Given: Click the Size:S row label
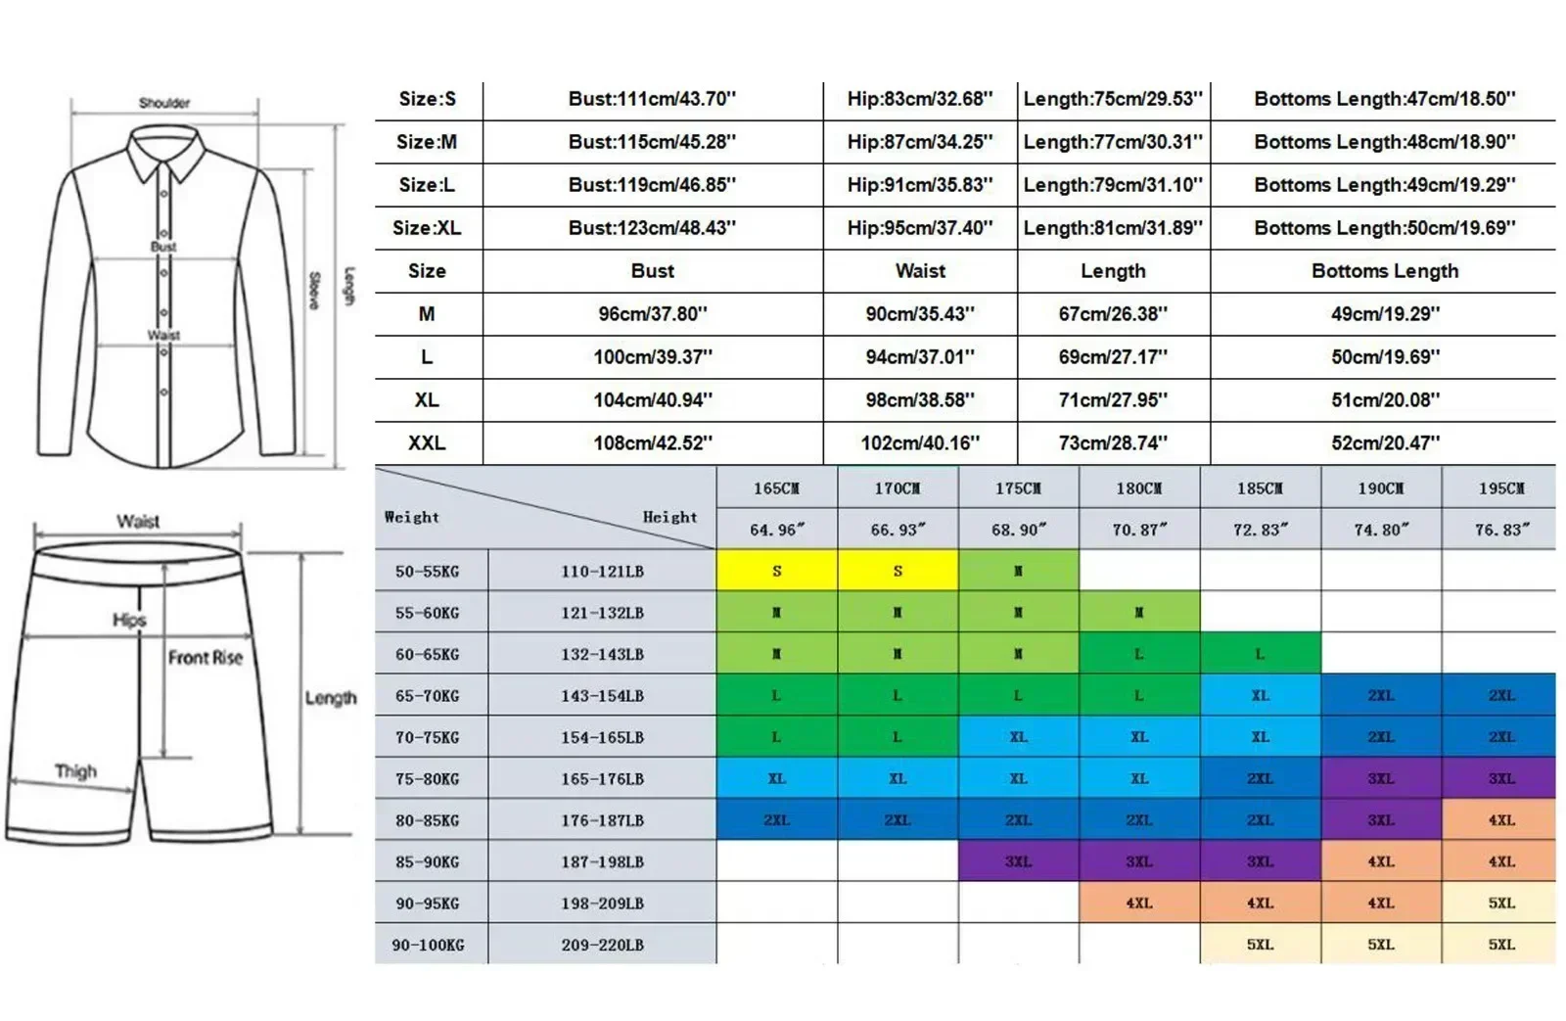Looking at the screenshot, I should pos(427,99).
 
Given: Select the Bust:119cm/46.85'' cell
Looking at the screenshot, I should pos(652,185).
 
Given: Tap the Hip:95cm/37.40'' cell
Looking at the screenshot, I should pos(919,228).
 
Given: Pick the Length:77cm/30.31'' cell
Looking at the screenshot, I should pos(1113,142).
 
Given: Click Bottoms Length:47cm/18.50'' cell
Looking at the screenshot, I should pos(1384,99).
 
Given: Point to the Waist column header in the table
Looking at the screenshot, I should pos(920,271).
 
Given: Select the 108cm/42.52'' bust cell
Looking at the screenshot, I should pos(652,442).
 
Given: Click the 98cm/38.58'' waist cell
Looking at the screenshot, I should pos(919,399).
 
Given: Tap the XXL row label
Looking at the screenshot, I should pos(427,442).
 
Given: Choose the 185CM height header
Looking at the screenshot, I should pos(1260,487).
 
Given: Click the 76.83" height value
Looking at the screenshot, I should pos(1501,530).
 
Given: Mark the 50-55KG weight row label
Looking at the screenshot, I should pos(427,571).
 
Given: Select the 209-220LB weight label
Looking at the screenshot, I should pos(602,945).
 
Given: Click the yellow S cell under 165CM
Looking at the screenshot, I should pos(776,571).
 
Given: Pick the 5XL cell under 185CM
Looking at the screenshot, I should pos(1260,945).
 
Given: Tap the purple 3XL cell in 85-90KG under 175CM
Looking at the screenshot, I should pos(1018,861).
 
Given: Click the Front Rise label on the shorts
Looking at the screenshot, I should pos(205,658).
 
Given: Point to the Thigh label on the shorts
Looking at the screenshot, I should pos(75,771).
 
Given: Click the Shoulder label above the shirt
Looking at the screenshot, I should pos(164,103).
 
